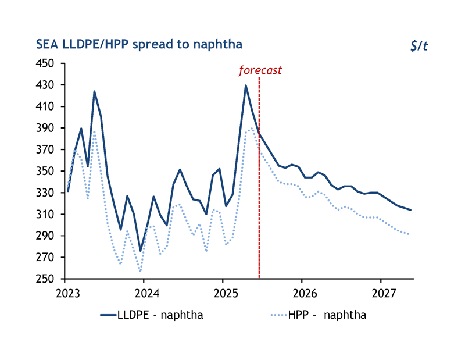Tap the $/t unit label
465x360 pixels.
point(419,46)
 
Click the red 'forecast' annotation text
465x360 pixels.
point(260,70)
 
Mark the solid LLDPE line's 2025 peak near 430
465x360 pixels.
point(246,85)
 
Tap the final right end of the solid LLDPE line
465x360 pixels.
point(410,210)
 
